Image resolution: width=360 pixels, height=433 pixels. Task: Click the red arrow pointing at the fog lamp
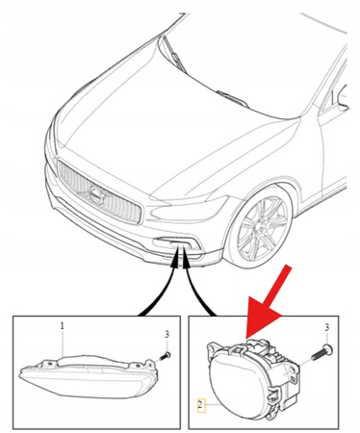(x=268, y=301)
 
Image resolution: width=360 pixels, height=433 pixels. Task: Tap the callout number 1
(x=63, y=326)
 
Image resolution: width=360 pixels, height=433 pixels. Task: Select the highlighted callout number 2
(x=201, y=405)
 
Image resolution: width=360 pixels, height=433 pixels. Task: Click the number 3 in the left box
(x=167, y=335)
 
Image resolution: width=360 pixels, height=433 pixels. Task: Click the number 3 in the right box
(x=326, y=327)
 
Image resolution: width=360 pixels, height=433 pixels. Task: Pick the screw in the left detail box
(x=166, y=355)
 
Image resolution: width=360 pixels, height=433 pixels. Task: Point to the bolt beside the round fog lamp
(x=321, y=352)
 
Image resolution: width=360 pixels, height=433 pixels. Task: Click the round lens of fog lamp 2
(x=239, y=387)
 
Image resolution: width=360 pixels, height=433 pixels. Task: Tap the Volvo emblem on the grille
(x=96, y=195)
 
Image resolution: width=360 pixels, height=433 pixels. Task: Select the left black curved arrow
(x=160, y=282)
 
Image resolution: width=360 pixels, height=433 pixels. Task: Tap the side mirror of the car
(x=343, y=96)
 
